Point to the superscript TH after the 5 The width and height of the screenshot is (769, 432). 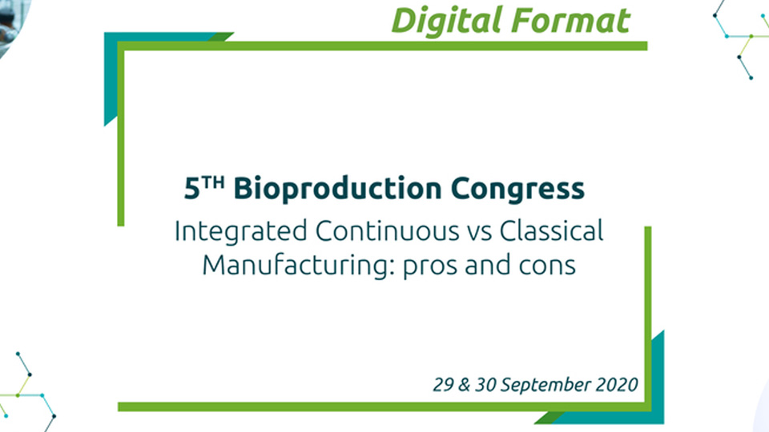click(213, 183)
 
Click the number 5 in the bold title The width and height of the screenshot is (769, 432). click(191, 189)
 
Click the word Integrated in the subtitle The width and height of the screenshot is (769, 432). click(241, 232)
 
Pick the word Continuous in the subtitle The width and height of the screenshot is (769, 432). click(387, 231)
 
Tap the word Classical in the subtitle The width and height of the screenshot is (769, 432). click(551, 231)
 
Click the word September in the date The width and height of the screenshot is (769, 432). click(546, 386)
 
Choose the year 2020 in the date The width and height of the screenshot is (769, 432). click(617, 385)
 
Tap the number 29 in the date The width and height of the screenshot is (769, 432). click(443, 385)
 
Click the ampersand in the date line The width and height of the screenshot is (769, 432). click(464, 385)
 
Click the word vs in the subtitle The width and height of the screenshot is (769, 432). click(479, 233)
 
